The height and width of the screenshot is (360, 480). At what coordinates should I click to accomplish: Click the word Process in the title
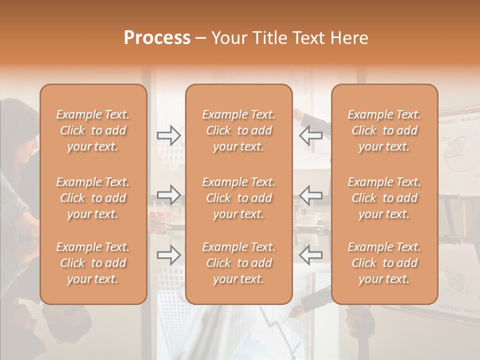click(157, 38)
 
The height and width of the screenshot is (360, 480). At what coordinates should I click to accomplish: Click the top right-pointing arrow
click(168, 135)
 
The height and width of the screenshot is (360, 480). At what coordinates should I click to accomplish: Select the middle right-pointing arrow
click(168, 195)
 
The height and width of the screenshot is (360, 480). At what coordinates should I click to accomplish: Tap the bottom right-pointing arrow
click(168, 255)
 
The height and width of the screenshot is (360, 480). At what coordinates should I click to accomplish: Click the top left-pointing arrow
click(310, 135)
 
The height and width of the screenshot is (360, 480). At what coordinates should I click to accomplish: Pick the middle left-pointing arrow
click(310, 195)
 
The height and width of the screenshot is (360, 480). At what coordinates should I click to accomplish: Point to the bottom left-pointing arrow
click(310, 255)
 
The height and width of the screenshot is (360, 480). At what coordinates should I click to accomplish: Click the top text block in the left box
click(93, 130)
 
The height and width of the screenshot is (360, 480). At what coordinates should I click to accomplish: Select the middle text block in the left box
click(93, 198)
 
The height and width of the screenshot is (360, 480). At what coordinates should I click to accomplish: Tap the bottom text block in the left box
click(93, 263)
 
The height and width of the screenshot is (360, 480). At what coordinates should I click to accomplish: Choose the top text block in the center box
click(238, 130)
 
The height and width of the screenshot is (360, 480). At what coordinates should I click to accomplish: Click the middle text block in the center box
click(238, 198)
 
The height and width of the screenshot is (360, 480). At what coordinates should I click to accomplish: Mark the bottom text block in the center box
click(238, 263)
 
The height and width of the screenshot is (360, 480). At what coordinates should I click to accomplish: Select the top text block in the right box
click(384, 130)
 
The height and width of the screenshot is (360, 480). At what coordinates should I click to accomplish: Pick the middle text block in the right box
click(384, 198)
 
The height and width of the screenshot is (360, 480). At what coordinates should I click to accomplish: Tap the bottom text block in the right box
click(384, 263)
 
